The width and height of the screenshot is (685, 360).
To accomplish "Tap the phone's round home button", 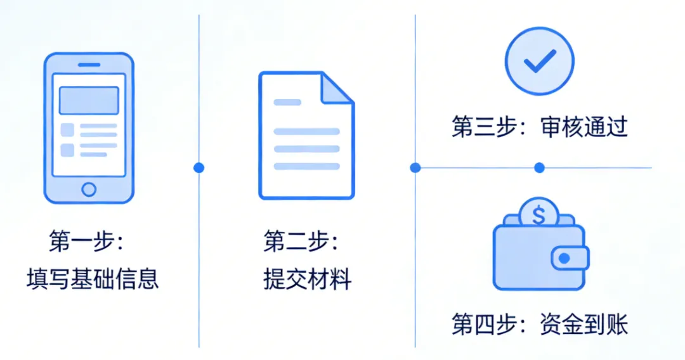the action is click(89, 189).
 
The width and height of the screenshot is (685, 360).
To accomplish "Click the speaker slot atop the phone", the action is click(89, 65).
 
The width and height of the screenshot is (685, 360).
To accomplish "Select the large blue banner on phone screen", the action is click(89, 100).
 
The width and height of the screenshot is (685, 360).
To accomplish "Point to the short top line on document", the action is click(287, 102).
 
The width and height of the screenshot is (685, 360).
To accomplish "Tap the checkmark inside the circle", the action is click(539, 61).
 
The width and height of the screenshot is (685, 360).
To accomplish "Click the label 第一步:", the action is click(86, 241).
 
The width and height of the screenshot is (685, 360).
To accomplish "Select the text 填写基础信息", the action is click(93, 279).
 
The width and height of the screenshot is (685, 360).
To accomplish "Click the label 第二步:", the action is click(301, 241).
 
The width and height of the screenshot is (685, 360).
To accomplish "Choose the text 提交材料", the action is click(308, 279).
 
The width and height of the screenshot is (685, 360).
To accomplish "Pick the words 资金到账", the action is click(584, 325).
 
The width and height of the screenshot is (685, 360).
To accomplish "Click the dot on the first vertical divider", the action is click(199, 168).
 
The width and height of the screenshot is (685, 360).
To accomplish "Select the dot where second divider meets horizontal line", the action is click(415, 168).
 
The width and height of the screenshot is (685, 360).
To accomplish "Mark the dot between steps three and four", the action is click(539, 168).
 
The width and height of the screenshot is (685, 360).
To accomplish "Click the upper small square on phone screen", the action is click(67, 130).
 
